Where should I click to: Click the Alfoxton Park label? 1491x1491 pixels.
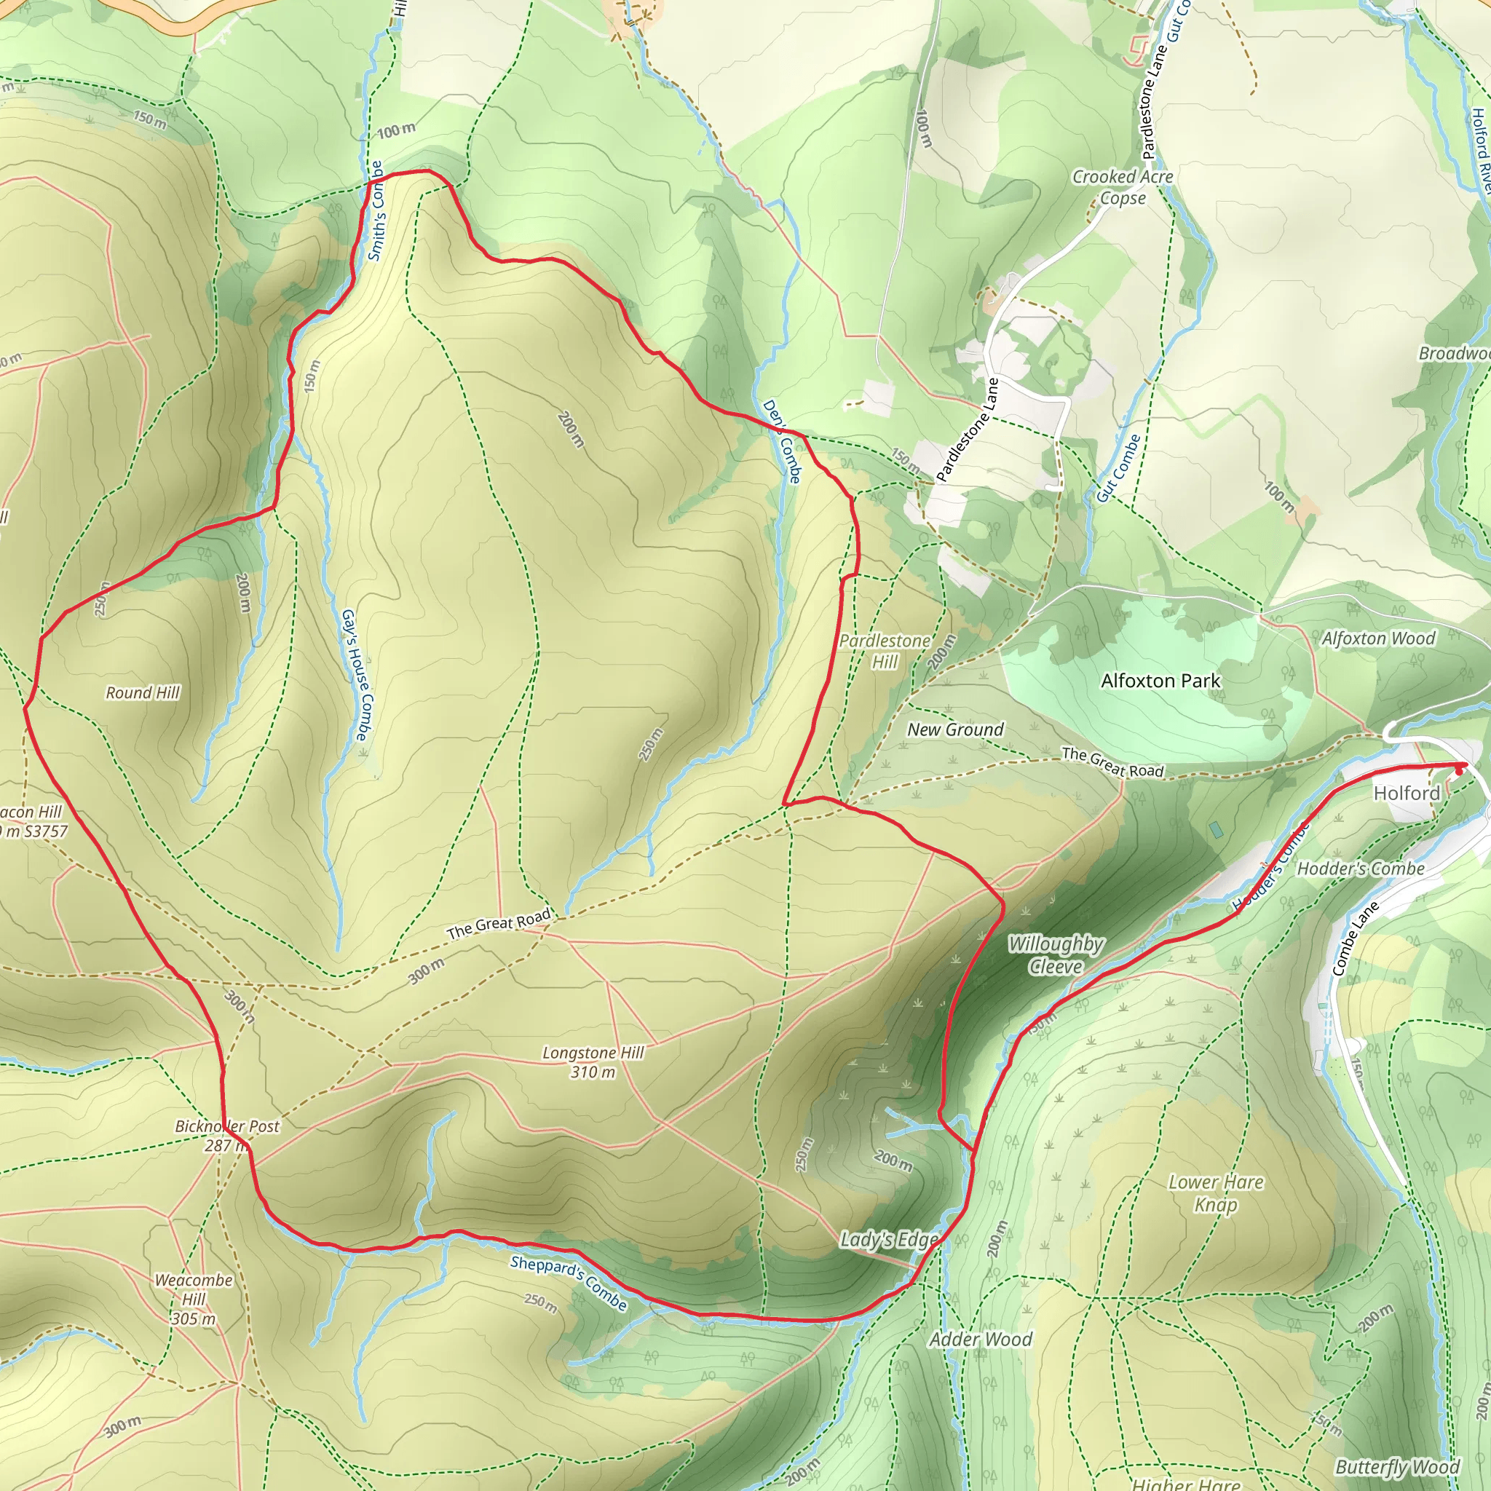tap(1160, 681)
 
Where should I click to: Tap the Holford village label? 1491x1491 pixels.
tap(1406, 794)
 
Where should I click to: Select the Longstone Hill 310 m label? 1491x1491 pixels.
tap(593, 1062)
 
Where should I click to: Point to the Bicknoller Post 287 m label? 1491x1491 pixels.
tap(227, 1135)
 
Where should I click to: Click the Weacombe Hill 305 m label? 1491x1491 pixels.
tap(194, 1300)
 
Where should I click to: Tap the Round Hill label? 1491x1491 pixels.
tap(143, 693)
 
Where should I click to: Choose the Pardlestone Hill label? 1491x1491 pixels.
tap(885, 652)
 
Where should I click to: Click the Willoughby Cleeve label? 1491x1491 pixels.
tap(1056, 954)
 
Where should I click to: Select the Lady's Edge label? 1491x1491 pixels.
tap(888, 1239)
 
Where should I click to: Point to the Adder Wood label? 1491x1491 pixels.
tap(980, 1340)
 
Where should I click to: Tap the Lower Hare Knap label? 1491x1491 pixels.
tap(1216, 1193)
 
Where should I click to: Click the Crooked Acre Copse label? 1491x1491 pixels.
tap(1122, 188)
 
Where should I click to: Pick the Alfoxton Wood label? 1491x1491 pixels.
tap(1378, 638)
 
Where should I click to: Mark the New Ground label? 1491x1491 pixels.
tap(955, 729)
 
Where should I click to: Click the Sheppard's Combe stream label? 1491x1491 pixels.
tap(569, 1283)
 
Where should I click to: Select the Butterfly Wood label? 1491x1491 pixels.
tap(1397, 1466)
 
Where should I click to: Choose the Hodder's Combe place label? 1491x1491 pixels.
tap(1361, 869)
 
